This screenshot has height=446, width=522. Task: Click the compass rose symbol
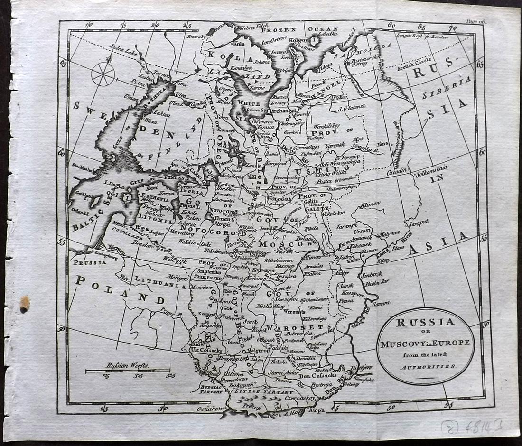click(x=103, y=74)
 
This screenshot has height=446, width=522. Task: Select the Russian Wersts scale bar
click(x=128, y=371)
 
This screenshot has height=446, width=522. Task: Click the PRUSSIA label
click(x=90, y=262)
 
